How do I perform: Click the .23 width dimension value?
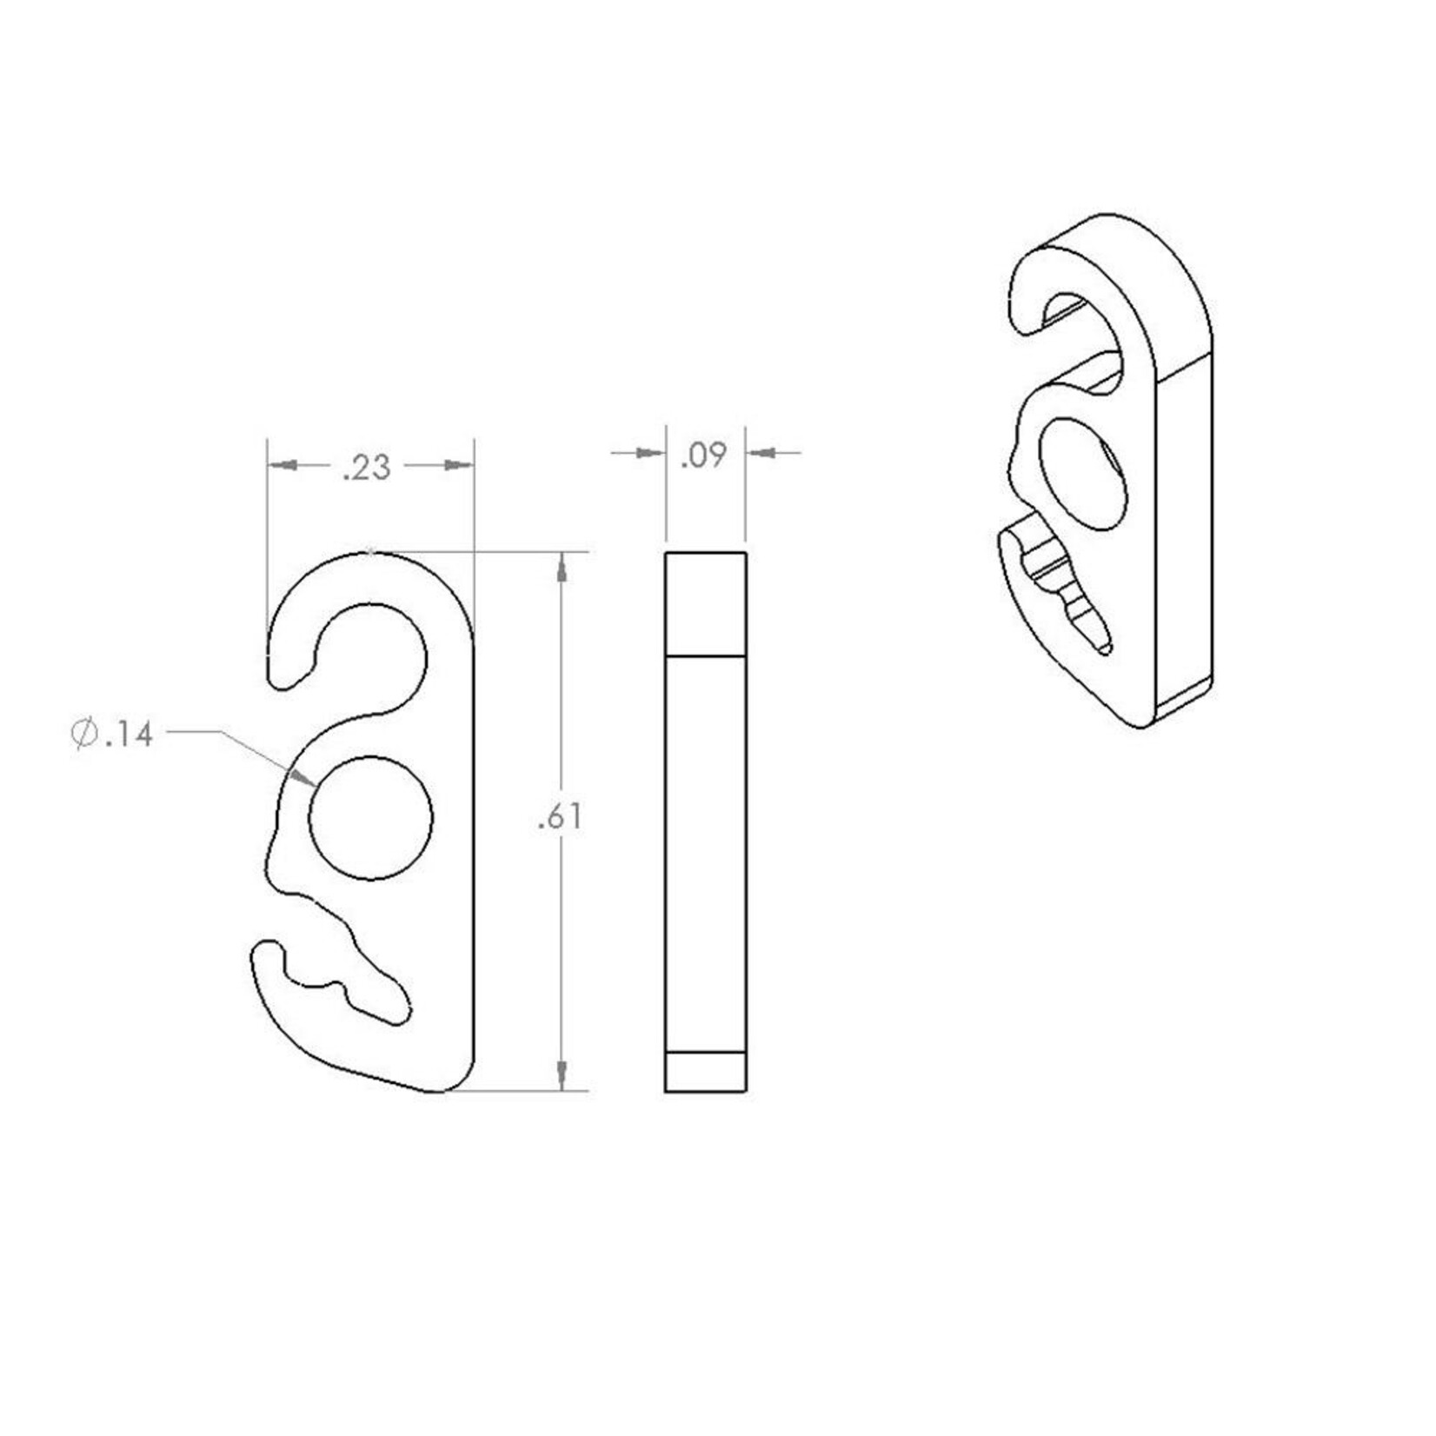point(367,468)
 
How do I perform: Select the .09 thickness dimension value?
point(702,455)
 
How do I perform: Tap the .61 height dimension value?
point(560,817)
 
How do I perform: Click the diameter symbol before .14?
point(84,735)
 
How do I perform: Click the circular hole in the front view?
point(371,818)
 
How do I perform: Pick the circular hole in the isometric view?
point(1082,474)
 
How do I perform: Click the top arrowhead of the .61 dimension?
point(562,569)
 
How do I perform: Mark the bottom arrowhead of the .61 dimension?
point(562,1074)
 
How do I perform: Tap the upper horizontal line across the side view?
point(705,655)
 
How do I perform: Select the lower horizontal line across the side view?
point(705,1053)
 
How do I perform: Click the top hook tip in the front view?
point(283,678)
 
